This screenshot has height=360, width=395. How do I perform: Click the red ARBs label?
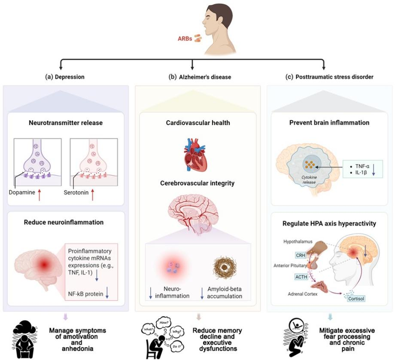click(x=185, y=38)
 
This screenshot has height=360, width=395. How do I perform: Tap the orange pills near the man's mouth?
click(x=198, y=38)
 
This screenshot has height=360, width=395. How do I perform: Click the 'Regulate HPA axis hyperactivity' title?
click(x=328, y=223)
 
